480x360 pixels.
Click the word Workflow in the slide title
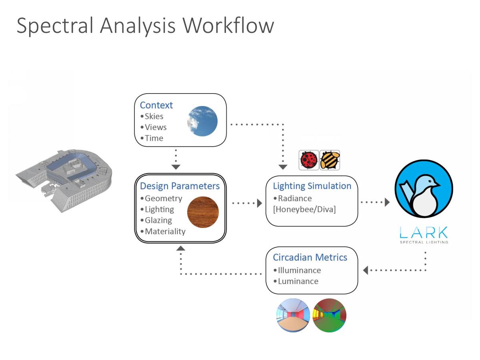pyautogui.click(x=228, y=25)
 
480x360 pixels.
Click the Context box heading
pyautogui.click(x=156, y=105)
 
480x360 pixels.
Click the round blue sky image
pyautogui.click(x=202, y=121)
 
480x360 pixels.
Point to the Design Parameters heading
pyautogui.click(x=180, y=186)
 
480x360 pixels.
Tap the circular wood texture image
pyautogui.click(x=203, y=212)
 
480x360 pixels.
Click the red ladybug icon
pyautogui.click(x=308, y=160)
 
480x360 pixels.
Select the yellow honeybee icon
pyautogui.click(x=330, y=160)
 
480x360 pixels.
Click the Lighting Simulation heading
pyautogui.click(x=312, y=186)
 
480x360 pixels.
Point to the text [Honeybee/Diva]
pyautogui.click(x=304, y=209)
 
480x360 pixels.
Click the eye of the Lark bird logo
pyautogui.click(x=430, y=182)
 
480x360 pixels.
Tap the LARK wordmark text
pyautogui.click(x=424, y=232)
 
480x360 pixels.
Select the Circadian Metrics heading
pyautogui.click(x=310, y=258)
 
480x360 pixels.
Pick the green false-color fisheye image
pyautogui.click(x=330, y=315)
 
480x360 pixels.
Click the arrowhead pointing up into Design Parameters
pyautogui.click(x=181, y=248)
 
